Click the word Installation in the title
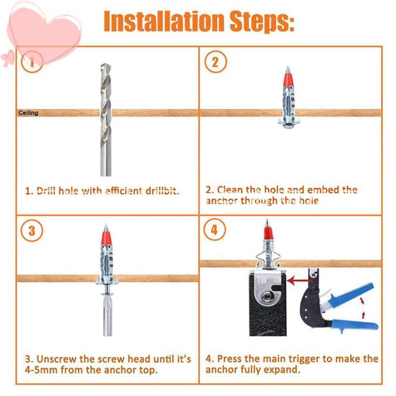[x=164, y=21]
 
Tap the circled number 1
[x=32, y=62]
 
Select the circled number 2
[x=216, y=62]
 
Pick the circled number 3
[x=32, y=230]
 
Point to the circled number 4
[x=215, y=229]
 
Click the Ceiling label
[x=28, y=113]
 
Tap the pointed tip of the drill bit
[x=105, y=64]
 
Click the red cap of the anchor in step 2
[x=288, y=79]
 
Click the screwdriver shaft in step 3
[x=107, y=316]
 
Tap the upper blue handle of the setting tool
[x=351, y=294]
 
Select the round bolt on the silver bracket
[x=267, y=295]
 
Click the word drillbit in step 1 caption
[x=162, y=191]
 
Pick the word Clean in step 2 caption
[x=229, y=190]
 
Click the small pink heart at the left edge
[x=8, y=58]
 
